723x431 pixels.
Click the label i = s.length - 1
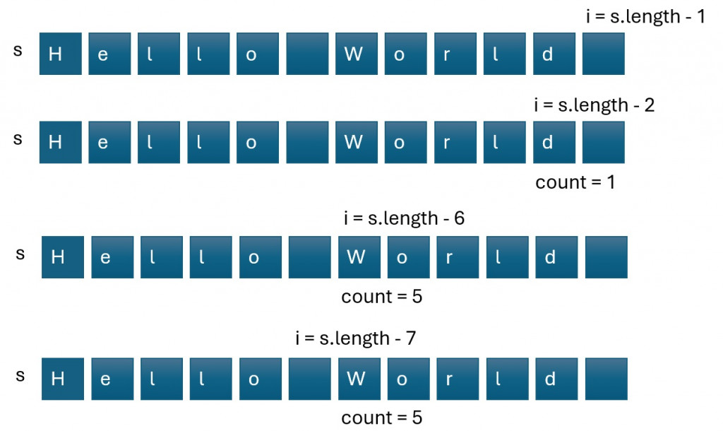(x=645, y=16)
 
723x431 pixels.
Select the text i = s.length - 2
(x=594, y=105)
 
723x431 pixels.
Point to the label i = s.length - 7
(x=356, y=338)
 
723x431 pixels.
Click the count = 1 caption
(x=575, y=182)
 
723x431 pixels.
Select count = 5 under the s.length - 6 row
(x=381, y=296)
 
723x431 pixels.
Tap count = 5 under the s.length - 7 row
(x=381, y=418)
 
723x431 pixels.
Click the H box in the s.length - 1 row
(x=61, y=54)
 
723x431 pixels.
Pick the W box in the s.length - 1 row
(x=357, y=54)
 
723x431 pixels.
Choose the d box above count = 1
(x=554, y=142)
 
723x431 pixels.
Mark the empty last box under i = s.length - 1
(x=604, y=54)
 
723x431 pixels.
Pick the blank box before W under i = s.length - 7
(x=310, y=379)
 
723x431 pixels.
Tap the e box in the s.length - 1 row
(x=110, y=54)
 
